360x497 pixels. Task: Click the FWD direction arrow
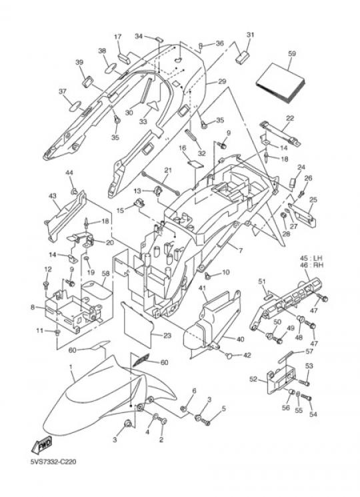coord(41,445)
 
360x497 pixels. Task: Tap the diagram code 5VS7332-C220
coord(53,462)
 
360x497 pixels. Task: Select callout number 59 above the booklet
coord(291,53)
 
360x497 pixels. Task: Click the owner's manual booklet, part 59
coord(280,83)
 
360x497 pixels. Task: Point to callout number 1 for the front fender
coord(71,367)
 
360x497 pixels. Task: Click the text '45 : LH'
coord(312,258)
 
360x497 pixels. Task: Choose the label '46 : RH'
coord(312,265)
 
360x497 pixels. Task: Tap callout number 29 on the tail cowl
coord(222,81)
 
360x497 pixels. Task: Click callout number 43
coord(53,196)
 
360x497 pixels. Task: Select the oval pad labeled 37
coord(75,106)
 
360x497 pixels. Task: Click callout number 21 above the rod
coord(168,171)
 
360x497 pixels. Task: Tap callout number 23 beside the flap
coord(167,336)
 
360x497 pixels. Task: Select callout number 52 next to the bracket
coord(253,379)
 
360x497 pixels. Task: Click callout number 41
coord(203,288)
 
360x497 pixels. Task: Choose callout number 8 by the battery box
coord(33,307)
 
